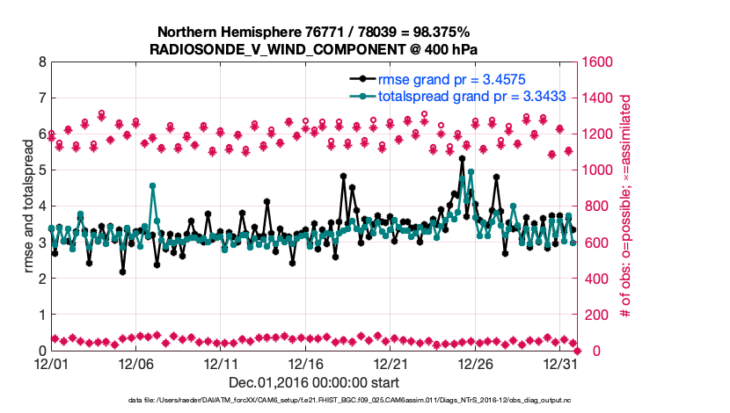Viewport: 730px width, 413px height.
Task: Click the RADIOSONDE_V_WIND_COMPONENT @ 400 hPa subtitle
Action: coord(314,49)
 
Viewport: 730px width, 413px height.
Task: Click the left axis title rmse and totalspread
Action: coord(28,206)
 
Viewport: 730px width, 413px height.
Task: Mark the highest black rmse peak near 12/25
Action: coord(462,159)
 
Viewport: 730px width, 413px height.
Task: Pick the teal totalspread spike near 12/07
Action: coord(153,186)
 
